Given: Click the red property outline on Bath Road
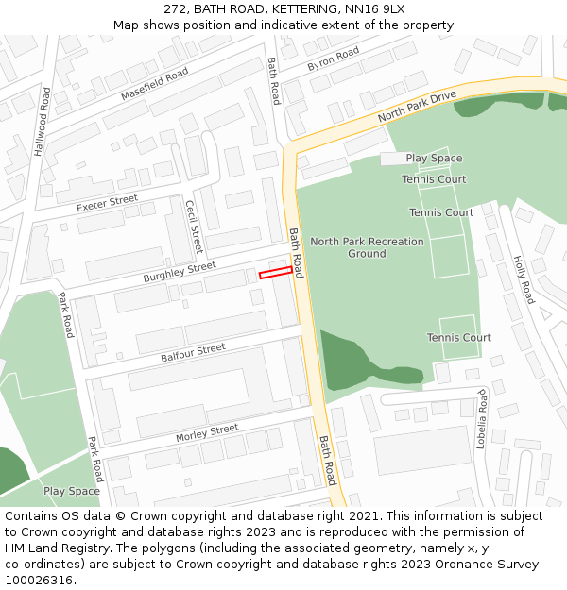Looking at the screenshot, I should click(x=275, y=273).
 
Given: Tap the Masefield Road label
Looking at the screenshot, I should click(x=154, y=85).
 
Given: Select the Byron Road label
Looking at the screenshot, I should click(x=333, y=59).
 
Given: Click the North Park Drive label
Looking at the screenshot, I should click(x=417, y=106).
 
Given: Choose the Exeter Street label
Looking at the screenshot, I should click(x=107, y=203).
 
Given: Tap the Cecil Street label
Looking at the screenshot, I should click(x=194, y=227).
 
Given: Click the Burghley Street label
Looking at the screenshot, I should click(x=180, y=273).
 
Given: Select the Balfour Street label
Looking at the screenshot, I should click(x=193, y=353).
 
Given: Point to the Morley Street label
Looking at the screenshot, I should click(x=207, y=433).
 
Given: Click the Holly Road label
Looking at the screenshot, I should click(x=524, y=279).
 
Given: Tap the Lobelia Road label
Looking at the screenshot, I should click(x=481, y=418).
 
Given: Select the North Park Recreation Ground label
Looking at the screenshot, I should click(x=367, y=247).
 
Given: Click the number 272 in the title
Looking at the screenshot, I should click(x=177, y=8).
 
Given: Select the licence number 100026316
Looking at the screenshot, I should click(x=39, y=581).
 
